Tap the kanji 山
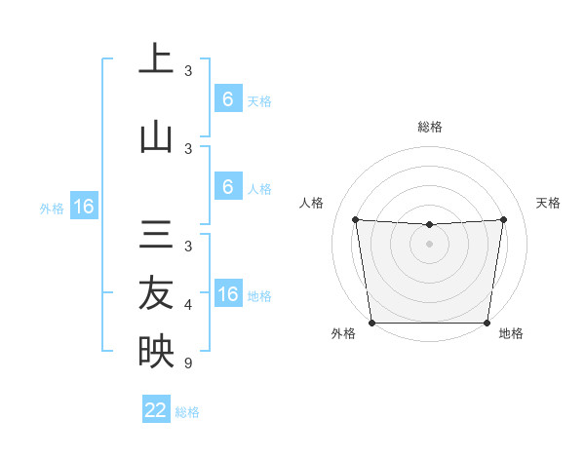[156, 137]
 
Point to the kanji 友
[156, 293]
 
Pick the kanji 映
[156, 352]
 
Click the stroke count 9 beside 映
[188, 363]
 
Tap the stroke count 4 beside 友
[188, 305]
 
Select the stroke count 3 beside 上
[188, 71]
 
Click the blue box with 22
[156, 410]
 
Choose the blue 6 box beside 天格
[227, 98]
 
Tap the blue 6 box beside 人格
[227, 186]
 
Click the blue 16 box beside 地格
[227, 293]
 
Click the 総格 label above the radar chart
[429, 127]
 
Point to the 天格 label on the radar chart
[548, 203]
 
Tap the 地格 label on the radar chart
[511, 334]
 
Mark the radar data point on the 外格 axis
[371, 323]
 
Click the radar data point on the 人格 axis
[355, 219]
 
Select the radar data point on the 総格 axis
[429, 225]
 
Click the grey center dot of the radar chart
[429, 244]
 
